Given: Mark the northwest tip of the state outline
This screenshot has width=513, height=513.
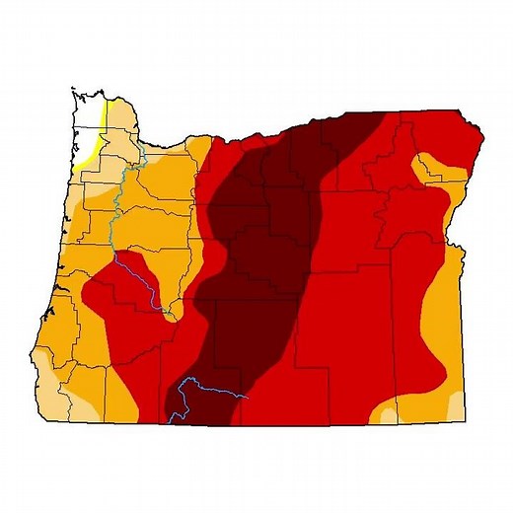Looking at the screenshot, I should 75,92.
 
